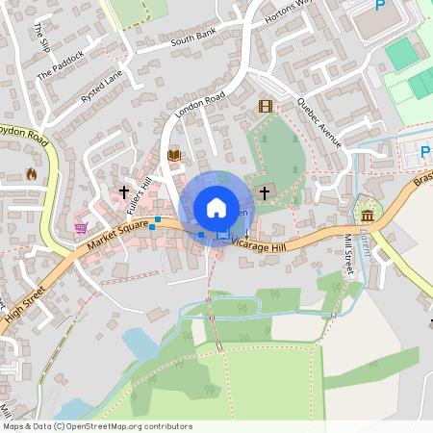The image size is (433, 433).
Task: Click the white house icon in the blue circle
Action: tap(216, 207)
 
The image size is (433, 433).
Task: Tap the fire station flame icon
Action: tap(31, 174)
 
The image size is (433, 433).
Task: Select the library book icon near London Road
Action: tap(174, 155)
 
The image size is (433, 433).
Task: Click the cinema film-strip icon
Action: tap(265, 106)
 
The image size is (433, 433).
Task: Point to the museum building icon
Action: tap(367, 212)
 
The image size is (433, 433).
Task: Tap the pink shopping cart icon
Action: tap(81, 228)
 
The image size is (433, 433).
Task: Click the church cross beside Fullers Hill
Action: tap(124, 192)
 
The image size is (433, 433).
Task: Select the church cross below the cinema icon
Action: tap(264, 192)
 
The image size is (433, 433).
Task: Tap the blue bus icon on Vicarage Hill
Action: tap(223, 235)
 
